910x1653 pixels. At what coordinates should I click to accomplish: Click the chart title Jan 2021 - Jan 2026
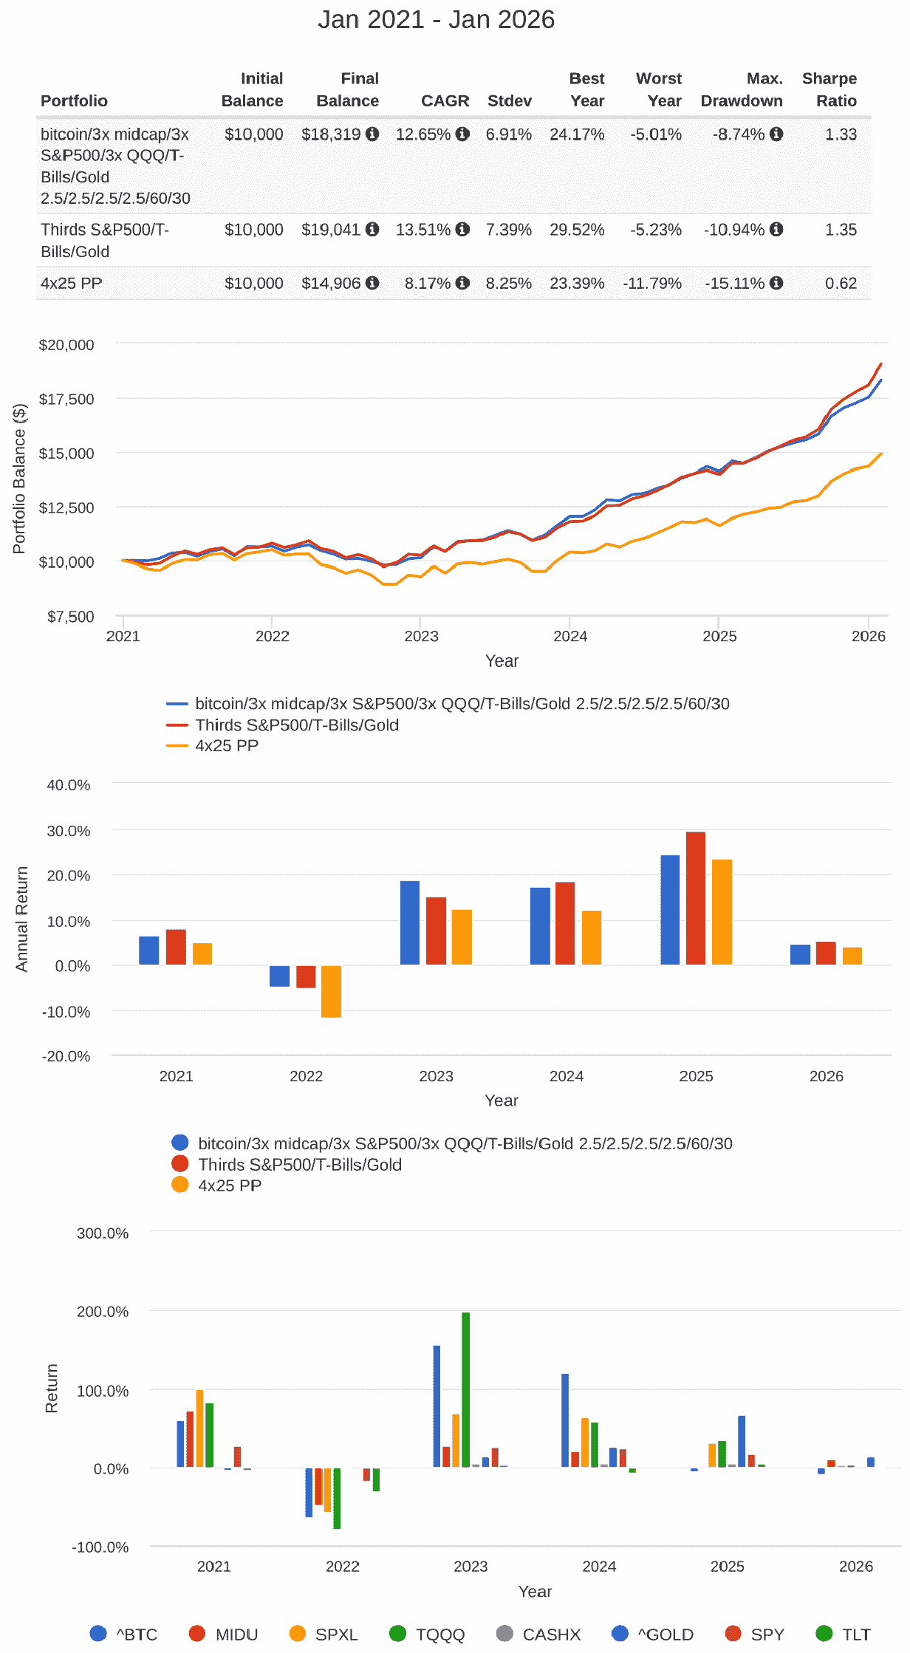pos(436,19)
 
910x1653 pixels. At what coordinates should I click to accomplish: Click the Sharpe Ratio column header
pos(829,89)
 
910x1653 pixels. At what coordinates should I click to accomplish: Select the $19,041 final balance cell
pos(331,230)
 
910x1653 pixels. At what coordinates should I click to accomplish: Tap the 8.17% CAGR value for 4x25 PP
pos(428,283)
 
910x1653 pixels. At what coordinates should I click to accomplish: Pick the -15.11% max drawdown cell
pos(735,283)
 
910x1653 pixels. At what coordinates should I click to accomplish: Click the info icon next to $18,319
pos(372,134)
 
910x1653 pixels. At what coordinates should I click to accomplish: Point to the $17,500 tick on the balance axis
pos(66,399)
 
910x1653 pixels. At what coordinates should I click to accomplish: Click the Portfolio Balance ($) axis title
pos(19,478)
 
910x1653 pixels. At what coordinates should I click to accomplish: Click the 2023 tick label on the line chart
pos(421,636)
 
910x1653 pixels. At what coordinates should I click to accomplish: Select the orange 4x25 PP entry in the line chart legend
pos(226,745)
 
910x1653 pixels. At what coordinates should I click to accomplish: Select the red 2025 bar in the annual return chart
pos(696,898)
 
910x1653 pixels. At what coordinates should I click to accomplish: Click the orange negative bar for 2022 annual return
pos(331,991)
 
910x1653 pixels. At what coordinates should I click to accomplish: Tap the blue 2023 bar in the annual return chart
pos(410,923)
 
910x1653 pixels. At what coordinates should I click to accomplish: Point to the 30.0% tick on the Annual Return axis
pos(69,830)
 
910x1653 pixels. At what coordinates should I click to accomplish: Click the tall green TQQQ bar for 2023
pos(465,1389)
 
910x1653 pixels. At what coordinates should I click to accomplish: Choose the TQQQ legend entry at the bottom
pos(439,1634)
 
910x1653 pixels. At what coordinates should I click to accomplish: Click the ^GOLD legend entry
pos(665,1634)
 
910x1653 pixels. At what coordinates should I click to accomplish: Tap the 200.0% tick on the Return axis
pos(103,1311)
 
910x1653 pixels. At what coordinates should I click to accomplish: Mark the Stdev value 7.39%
pos(508,230)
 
